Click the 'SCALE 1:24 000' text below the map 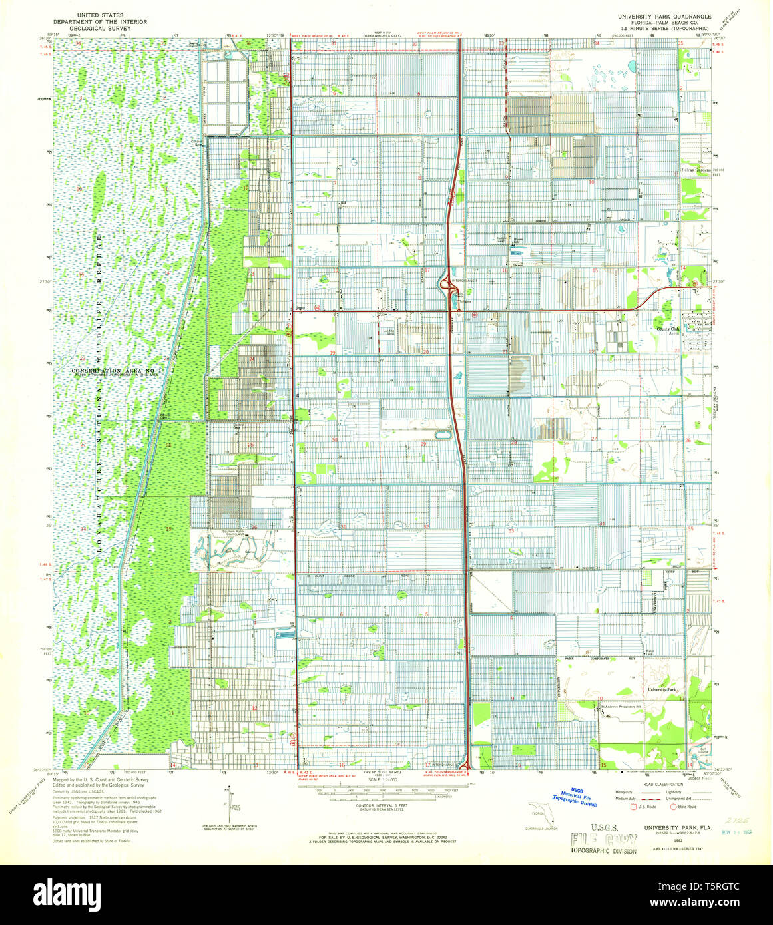(386, 778)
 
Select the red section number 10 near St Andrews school (601, 698)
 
